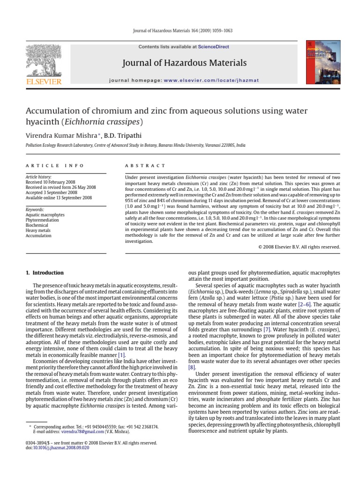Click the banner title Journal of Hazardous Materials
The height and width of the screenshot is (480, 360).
tap(184, 63)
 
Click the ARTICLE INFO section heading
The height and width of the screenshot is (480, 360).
tap(55, 165)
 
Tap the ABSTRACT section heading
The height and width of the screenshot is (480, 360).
tap(145, 165)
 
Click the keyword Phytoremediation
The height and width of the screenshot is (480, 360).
tap(42, 220)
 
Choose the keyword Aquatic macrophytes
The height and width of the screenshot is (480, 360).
tap(45, 215)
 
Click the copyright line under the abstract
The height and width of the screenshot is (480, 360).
tap(299, 247)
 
